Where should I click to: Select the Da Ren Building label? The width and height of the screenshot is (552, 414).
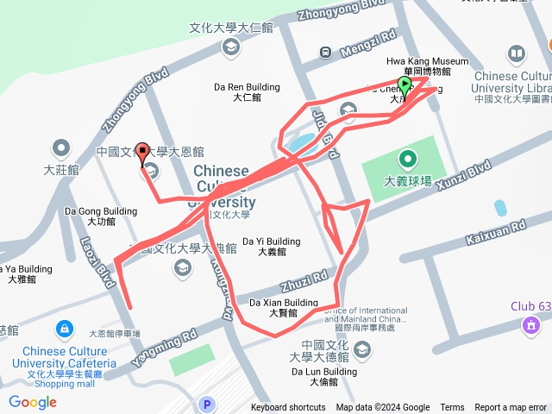pyautogui.click(x=246, y=87)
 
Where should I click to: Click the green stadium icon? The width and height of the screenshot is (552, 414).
pyautogui.click(x=407, y=160)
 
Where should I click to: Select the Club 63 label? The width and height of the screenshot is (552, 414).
pyautogui.click(x=530, y=306)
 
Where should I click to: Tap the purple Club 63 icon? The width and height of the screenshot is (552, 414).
pyautogui.click(x=530, y=326)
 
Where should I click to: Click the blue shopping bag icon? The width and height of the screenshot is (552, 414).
pyautogui.click(x=66, y=329)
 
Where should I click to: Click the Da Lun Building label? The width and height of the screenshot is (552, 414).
pyautogui.click(x=323, y=372)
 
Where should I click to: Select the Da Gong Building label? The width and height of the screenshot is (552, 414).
pyautogui.click(x=101, y=211)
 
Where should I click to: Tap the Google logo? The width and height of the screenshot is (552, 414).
pyautogui.click(x=32, y=402)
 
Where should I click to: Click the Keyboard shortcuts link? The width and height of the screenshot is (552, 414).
pyautogui.click(x=288, y=408)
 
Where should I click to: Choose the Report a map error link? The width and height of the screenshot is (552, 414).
pyautogui.click(x=510, y=408)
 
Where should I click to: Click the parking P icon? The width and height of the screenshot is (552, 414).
pyautogui.click(x=205, y=404)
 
